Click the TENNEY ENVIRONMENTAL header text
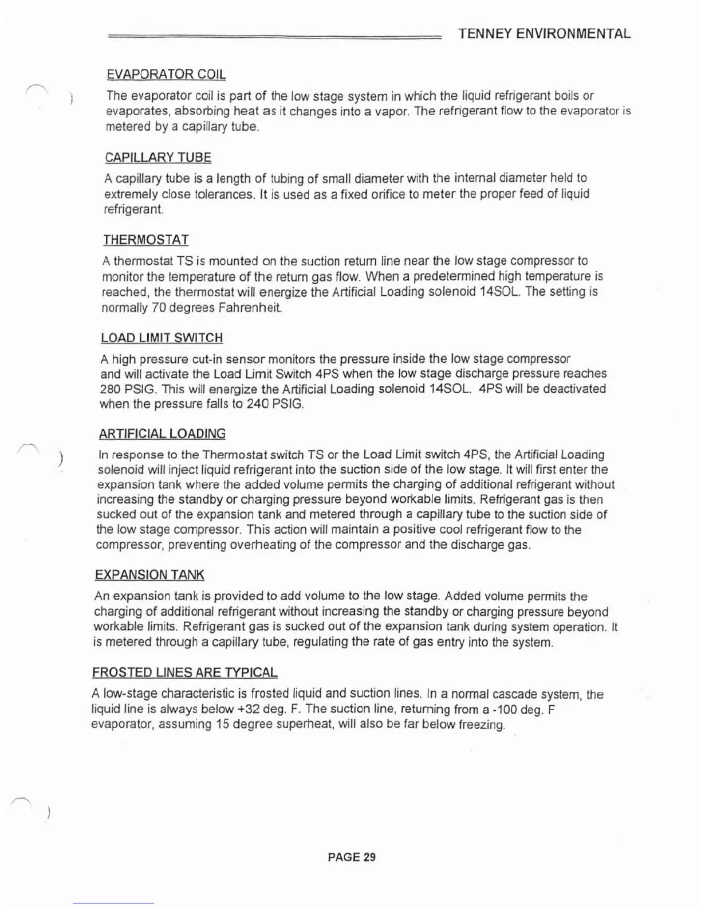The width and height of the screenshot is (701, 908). [x=544, y=33]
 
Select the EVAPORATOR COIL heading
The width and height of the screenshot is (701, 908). [x=166, y=75]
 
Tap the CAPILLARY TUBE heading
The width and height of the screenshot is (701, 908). [x=158, y=158]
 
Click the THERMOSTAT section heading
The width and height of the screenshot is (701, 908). [x=146, y=240]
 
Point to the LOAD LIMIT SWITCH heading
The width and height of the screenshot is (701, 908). [x=162, y=338]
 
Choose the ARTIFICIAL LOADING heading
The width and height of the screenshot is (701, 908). [x=162, y=434]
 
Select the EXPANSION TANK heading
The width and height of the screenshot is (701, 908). [x=149, y=575]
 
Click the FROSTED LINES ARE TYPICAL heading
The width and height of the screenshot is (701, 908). [x=184, y=672]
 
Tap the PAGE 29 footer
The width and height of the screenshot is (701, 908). [x=352, y=857]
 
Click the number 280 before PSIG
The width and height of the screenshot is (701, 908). [x=110, y=389]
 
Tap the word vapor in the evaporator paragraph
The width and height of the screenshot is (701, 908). [x=392, y=111]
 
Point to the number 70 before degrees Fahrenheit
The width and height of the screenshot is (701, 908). [x=159, y=308]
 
